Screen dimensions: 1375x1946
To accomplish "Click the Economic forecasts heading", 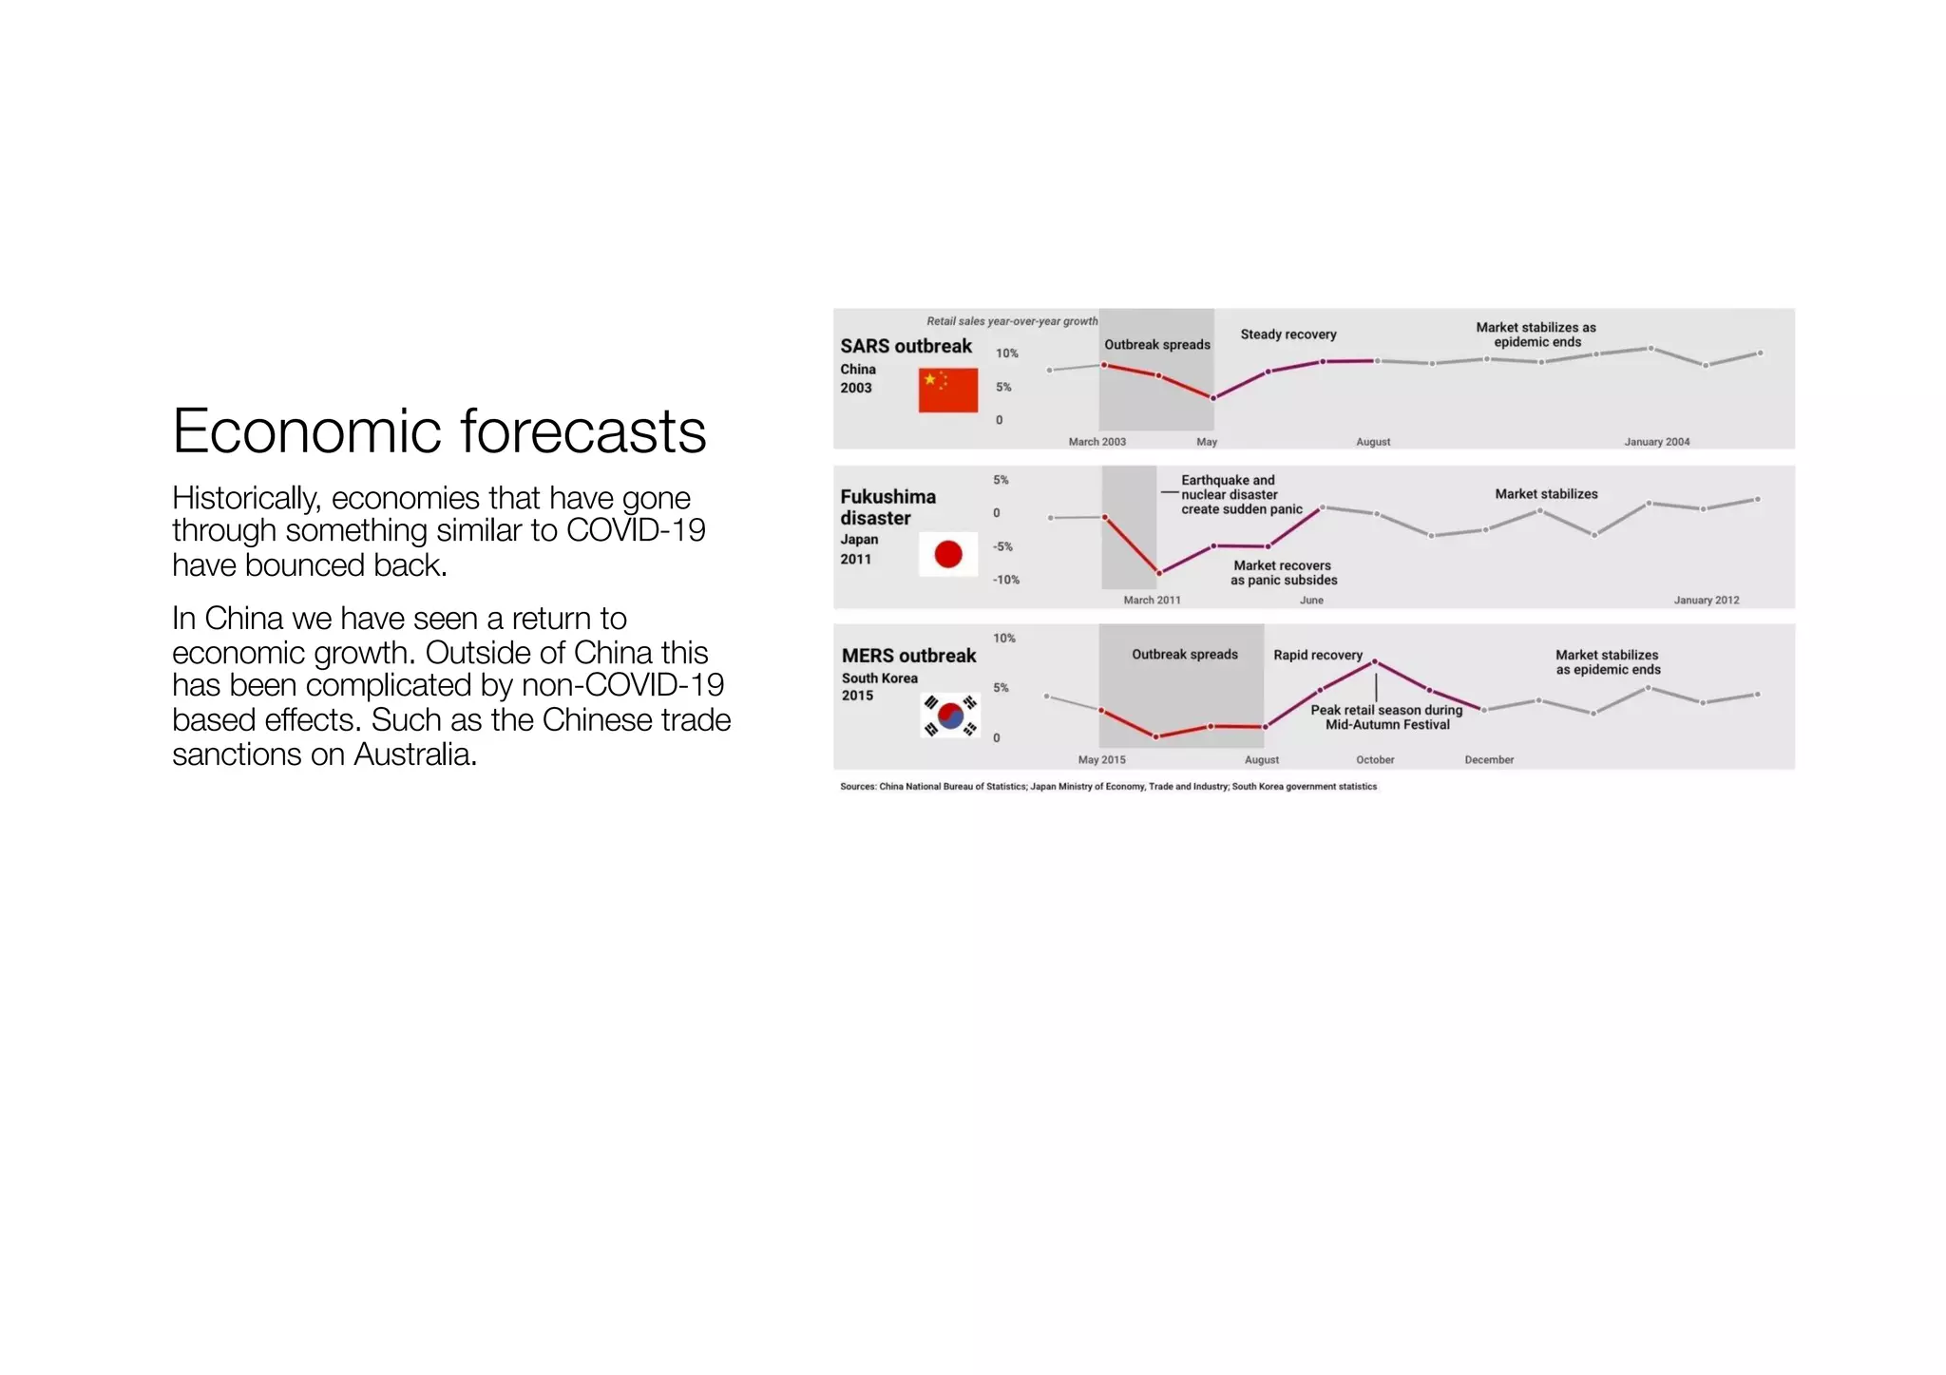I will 439,431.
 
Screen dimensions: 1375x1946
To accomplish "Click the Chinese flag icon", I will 947,391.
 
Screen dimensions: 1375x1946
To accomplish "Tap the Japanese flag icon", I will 947,554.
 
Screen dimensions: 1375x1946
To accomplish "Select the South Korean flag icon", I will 949,716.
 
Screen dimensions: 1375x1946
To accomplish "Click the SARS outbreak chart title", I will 906,347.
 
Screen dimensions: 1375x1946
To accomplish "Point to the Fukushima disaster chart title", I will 887,507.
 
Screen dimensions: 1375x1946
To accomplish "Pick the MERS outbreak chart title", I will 908,656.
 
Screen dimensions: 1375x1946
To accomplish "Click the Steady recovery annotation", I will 1288,334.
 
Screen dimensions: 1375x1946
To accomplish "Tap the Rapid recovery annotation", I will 1317,656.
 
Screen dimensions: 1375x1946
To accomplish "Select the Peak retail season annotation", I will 1386,717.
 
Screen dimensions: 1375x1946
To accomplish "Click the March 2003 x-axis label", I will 1097,442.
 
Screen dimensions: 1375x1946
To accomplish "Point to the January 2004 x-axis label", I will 1656,442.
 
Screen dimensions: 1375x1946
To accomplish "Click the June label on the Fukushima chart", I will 1311,601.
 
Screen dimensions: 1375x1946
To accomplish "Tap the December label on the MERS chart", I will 1488,760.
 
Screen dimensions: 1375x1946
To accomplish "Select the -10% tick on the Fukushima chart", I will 1005,580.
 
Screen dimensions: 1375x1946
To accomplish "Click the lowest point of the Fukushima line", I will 1158,573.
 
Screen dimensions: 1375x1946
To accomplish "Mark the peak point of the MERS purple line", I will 1374,661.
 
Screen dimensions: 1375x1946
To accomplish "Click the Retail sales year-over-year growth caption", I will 1012,321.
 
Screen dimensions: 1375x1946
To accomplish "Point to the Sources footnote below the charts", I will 1108,787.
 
